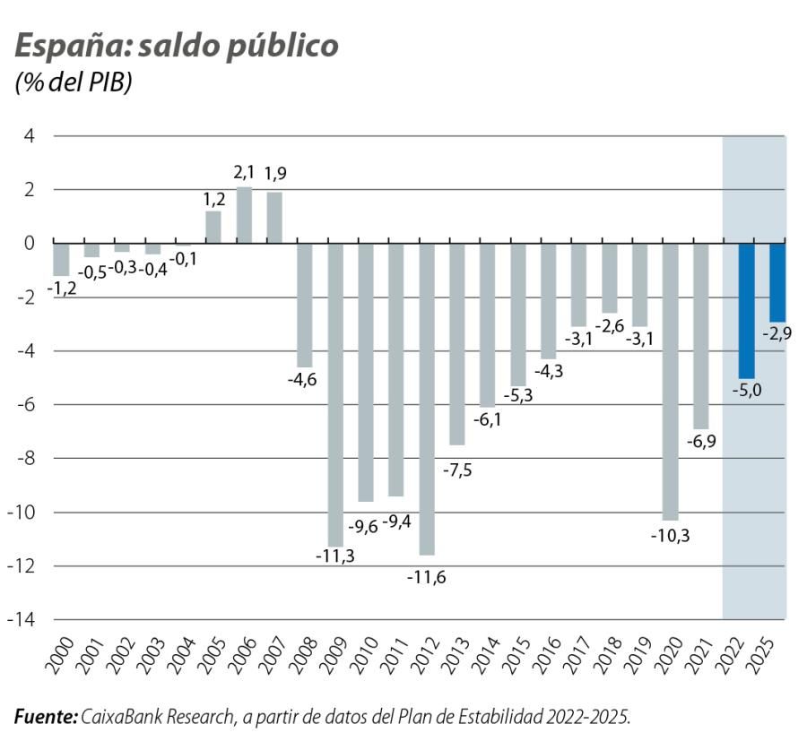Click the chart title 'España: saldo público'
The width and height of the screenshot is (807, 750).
coord(176,47)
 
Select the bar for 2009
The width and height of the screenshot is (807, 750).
coord(335,394)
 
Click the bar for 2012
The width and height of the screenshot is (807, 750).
coord(426,399)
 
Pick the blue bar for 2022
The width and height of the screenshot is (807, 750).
coord(746,310)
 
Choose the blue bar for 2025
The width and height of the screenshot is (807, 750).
coord(777,282)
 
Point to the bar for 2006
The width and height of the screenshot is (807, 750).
coord(244,215)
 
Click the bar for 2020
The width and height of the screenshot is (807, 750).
coord(670,381)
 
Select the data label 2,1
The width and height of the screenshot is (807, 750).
coord(243,171)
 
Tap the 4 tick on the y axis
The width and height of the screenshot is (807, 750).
coord(29,136)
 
